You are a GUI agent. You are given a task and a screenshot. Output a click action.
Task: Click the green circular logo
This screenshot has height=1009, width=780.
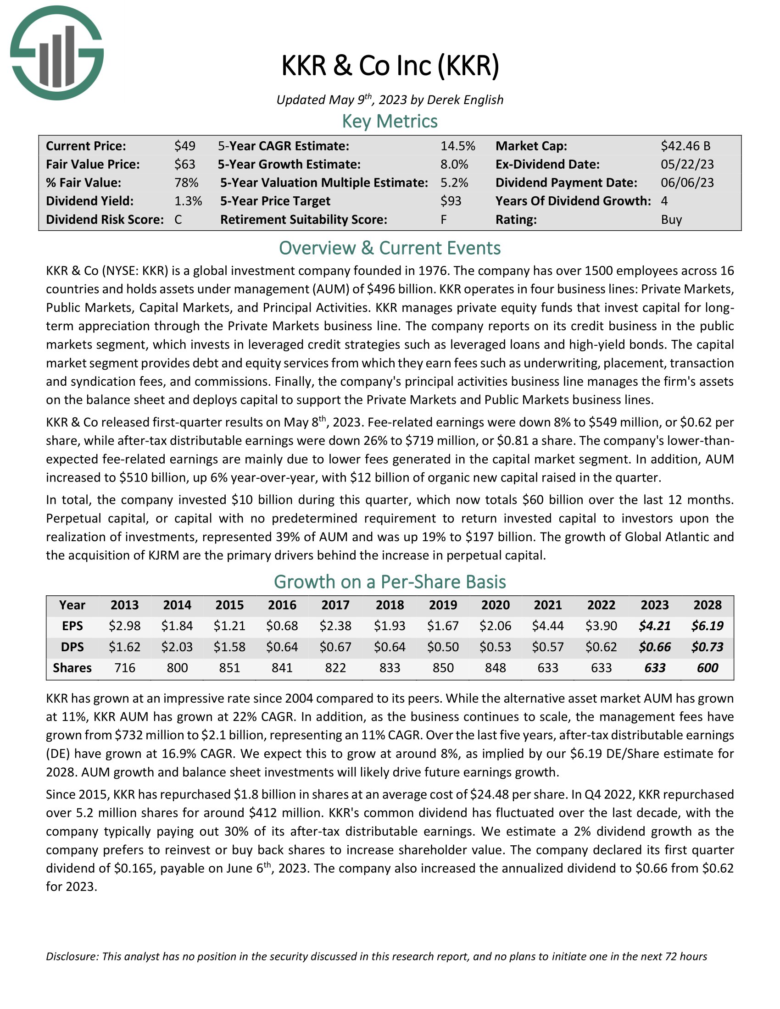coord(56,53)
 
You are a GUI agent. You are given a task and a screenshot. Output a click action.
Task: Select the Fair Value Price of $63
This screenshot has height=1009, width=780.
coord(185,165)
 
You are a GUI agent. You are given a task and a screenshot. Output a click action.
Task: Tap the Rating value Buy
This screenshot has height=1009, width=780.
coord(671,219)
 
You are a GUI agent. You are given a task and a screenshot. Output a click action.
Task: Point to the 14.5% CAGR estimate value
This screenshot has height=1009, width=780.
coord(457,146)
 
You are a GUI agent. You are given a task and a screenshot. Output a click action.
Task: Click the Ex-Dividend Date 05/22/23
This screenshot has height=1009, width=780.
coord(687,165)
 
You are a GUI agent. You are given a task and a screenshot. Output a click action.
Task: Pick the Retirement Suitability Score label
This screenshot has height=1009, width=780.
coord(303,219)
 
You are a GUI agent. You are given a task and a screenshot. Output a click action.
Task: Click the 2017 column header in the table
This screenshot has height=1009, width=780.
coord(335,605)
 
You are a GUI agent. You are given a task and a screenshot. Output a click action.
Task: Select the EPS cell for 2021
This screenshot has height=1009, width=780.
coord(548,626)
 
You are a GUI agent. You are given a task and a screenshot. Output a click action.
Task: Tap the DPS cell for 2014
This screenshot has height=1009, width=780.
coord(177,647)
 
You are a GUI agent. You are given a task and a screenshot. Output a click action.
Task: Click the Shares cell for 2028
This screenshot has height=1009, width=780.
coord(707,668)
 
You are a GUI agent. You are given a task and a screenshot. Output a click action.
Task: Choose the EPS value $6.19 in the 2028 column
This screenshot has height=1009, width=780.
coord(707,626)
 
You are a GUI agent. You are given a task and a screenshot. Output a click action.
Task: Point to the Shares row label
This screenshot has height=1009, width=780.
coord(72,668)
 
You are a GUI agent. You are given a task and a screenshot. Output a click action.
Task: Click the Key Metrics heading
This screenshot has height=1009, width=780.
coord(390,121)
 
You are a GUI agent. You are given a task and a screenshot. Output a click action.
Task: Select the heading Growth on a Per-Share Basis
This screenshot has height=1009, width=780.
coord(390,582)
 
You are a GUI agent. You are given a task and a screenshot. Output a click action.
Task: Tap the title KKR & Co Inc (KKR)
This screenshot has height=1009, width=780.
coord(390,66)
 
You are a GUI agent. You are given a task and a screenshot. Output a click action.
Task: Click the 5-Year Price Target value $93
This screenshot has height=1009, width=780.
coord(451,201)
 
